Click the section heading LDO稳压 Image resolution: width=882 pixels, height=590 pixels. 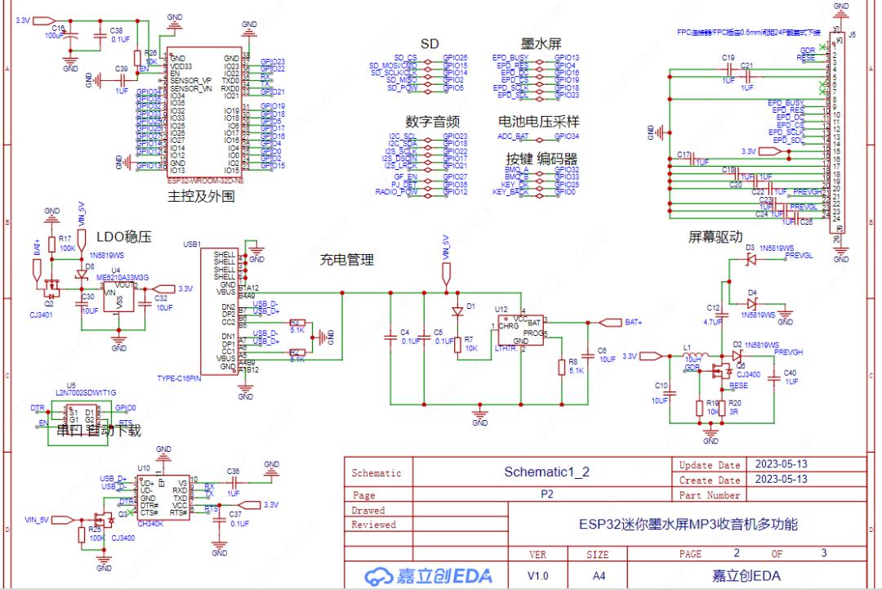pyautogui.click(x=124, y=237)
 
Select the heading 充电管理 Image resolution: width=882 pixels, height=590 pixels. pyautogui.click(x=346, y=260)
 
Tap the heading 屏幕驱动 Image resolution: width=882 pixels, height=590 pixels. pyautogui.click(x=715, y=237)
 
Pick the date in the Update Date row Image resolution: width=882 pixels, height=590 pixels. pyautogui.click(x=782, y=464)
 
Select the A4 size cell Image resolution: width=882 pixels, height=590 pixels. pyautogui.click(x=599, y=575)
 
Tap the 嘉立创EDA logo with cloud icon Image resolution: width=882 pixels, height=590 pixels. pyautogui.click(x=430, y=575)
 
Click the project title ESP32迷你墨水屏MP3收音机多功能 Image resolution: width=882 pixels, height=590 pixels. pyautogui.click(x=688, y=524)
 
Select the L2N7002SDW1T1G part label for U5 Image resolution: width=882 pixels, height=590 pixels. pyautogui.click(x=86, y=392)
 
